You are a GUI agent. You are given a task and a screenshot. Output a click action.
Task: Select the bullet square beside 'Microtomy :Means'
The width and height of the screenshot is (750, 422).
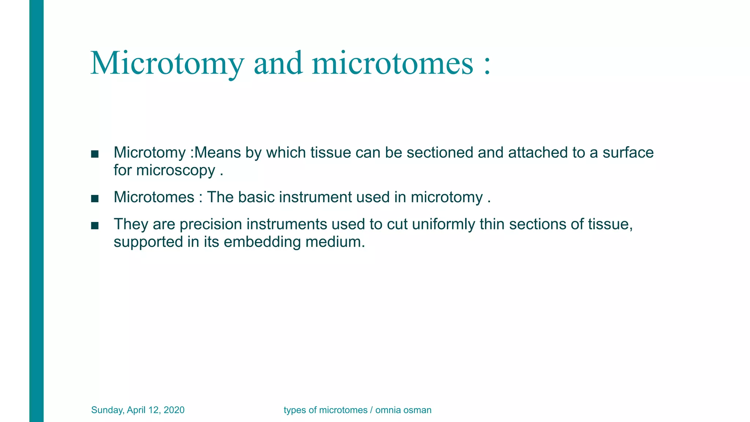(x=95, y=154)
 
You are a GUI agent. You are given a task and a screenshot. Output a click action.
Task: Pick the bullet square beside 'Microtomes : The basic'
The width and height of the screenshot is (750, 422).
(x=95, y=199)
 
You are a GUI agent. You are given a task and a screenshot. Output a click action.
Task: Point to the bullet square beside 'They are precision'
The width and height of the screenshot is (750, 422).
(x=95, y=226)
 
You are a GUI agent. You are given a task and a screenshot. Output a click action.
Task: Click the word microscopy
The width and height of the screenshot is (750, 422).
(x=175, y=171)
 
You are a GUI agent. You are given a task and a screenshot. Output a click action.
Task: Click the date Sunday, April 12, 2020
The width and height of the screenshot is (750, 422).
(x=138, y=410)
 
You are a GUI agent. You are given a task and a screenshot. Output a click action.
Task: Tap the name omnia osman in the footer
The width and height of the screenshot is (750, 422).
(x=403, y=410)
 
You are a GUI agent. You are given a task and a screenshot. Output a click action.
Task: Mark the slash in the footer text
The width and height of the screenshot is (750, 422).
(x=371, y=410)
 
